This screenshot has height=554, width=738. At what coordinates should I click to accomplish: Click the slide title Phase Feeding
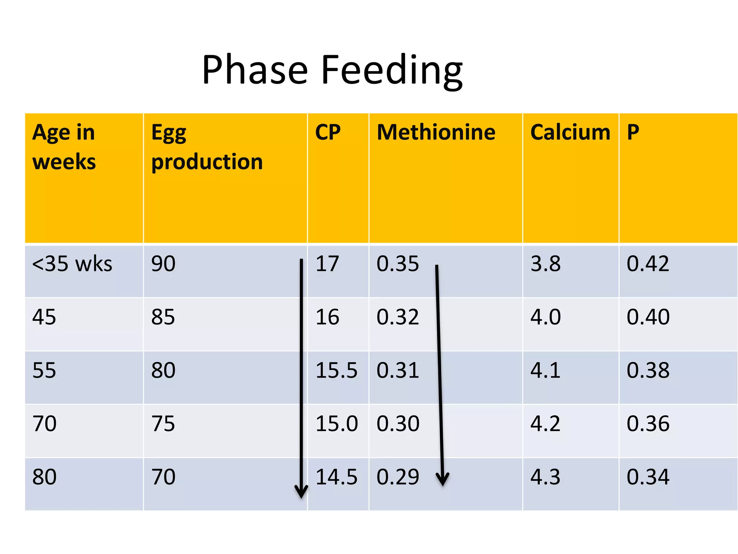coord(332,70)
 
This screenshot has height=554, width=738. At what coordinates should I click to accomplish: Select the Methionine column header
coord(436,132)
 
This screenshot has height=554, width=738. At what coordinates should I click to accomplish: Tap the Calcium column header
coord(570,132)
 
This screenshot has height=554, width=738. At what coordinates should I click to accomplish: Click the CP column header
coord(328,132)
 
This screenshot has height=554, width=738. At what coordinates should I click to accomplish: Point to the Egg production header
coord(207,147)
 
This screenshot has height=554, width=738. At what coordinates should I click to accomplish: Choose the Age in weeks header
coord(64,147)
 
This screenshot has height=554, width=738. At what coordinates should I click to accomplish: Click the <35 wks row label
coord(72,264)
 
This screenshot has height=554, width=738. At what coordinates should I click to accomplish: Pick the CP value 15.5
coord(336,370)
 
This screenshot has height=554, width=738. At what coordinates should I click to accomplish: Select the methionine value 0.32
coord(398,317)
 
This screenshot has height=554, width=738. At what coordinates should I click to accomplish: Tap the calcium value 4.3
coord(545,477)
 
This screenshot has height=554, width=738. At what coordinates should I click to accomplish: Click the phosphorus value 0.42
coord(648,264)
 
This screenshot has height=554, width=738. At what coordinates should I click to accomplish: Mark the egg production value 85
coord(163,317)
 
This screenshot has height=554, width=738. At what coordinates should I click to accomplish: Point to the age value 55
coord(44,370)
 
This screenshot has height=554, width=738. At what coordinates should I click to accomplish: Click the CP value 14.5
coord(336,477)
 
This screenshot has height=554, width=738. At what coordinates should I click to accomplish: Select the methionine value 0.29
coord(398,477)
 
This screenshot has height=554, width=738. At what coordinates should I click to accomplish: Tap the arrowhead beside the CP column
coord(301,491)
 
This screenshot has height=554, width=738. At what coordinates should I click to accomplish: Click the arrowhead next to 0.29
coord(443,480)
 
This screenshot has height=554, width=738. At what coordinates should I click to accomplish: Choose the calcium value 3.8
coord(545,264)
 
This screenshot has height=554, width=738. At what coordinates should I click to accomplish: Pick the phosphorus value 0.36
coord(648,423)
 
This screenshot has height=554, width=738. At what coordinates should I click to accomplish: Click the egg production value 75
coord(163,423)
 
